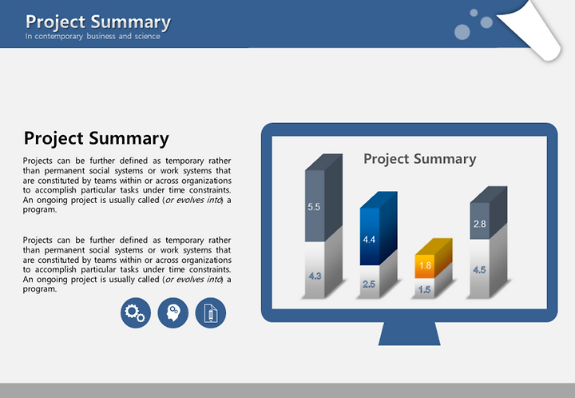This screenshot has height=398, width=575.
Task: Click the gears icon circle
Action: point(136,313)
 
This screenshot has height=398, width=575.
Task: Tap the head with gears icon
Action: point(173,313)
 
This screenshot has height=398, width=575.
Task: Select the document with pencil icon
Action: point(211,313)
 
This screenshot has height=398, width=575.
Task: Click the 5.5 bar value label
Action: point(314,207)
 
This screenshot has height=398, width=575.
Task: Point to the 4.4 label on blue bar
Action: point(369,240)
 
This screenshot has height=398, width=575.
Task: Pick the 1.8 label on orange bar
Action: point(425,265)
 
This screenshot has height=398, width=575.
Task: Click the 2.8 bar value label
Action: point(479,224)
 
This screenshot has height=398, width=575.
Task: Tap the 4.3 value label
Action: point(315,276)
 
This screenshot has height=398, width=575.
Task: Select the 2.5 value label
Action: point(369,284)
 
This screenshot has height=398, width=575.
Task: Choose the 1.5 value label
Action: point(424,289)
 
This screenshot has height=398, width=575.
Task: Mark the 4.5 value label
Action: point(479,269)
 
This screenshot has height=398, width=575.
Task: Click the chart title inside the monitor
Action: point(420,159)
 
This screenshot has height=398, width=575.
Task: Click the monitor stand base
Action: point(409,333)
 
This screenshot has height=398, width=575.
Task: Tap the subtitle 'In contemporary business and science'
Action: point(93,36)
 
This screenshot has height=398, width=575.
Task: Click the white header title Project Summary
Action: point(98,22)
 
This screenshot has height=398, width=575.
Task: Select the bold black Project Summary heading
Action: point(97,138)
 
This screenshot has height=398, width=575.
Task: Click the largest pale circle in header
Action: point(462,32)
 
